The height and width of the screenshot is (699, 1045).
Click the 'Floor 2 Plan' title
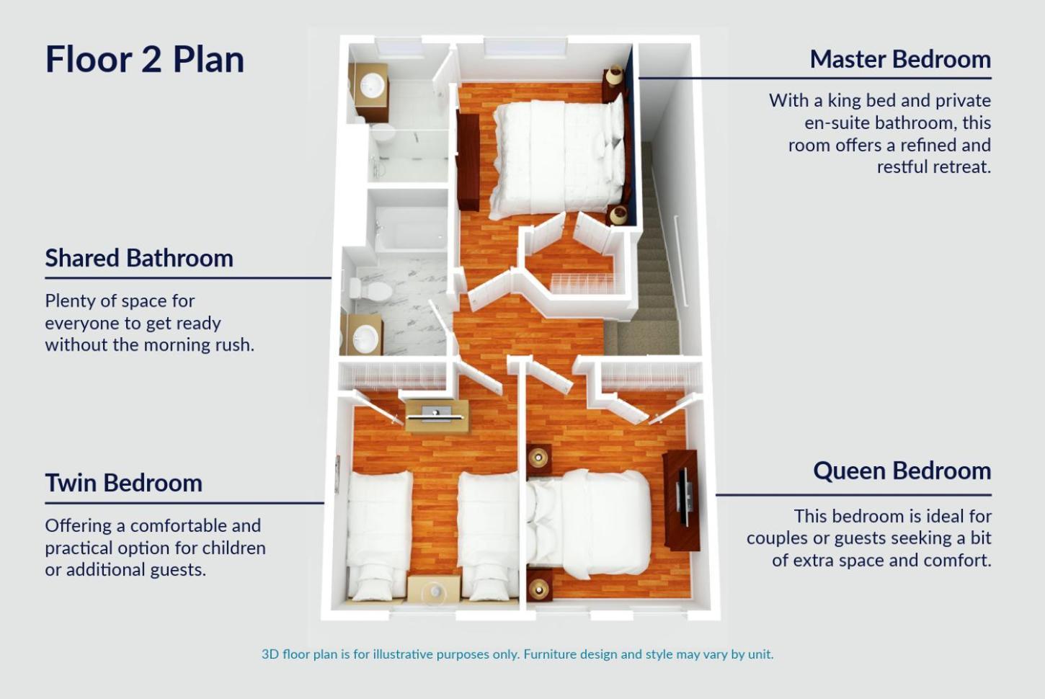click(145, 59)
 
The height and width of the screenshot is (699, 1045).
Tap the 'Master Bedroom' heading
click(900, 59)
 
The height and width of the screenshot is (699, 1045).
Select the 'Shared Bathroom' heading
click(139, 257)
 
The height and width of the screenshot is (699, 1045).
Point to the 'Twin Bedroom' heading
click(124, 483)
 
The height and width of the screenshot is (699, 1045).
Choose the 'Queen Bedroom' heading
click(902, 471)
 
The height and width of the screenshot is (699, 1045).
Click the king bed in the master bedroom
click(558, 159)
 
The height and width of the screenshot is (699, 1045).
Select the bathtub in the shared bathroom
click(411, 228)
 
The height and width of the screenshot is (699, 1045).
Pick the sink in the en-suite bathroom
click(372, 86)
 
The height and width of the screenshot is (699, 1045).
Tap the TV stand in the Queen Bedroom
click(682, 500)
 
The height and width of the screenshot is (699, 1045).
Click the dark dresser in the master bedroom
click(468, 161)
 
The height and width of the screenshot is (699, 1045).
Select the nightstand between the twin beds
click(435, 589)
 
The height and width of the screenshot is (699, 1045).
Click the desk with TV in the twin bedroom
click(437, 417)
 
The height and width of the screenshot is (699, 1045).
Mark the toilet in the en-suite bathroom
click(383, 133)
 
